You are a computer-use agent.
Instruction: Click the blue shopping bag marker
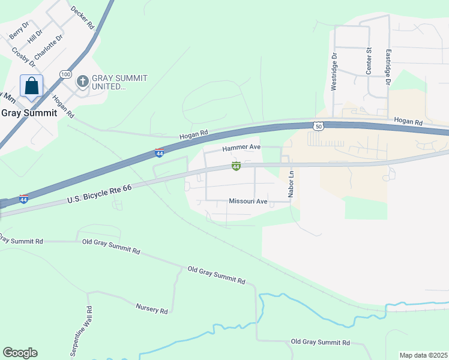(x=31, y=86)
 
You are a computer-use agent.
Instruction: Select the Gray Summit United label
(x=119, y=82)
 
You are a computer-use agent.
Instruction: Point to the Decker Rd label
(x=82, y=18)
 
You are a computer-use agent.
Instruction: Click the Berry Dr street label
(x=19, y=31)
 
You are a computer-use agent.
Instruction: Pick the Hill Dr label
(x=35, y=37)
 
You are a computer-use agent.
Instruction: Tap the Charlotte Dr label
(x=49, y=47)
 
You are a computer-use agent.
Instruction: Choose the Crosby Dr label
(x=23, y=57)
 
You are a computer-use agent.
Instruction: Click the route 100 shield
(x=65, y=74)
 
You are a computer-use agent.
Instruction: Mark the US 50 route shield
(x=318, y=125)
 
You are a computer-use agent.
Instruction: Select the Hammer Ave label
(x=241, y=147)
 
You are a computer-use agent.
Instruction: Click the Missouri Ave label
(x=247, y=202)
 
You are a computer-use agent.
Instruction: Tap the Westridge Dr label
(x=334, y=71)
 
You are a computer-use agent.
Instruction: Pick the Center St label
(x=369, y=61)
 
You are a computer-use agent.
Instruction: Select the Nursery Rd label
(x=151, y=309)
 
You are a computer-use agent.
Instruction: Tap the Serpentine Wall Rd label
(x=81, y=332)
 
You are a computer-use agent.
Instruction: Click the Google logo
(x=20, y=353)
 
